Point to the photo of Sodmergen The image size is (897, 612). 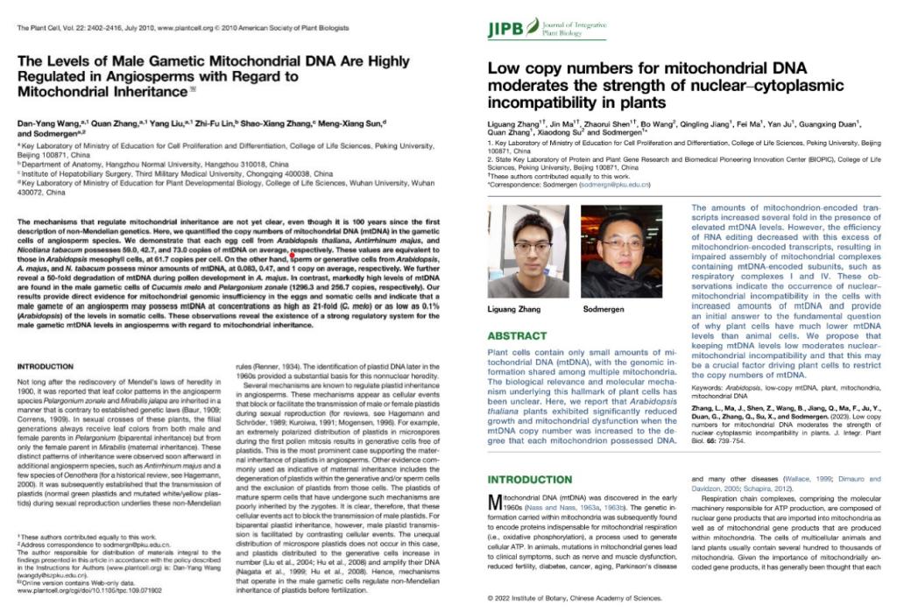pyautogui.click(x=621, y=250)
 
